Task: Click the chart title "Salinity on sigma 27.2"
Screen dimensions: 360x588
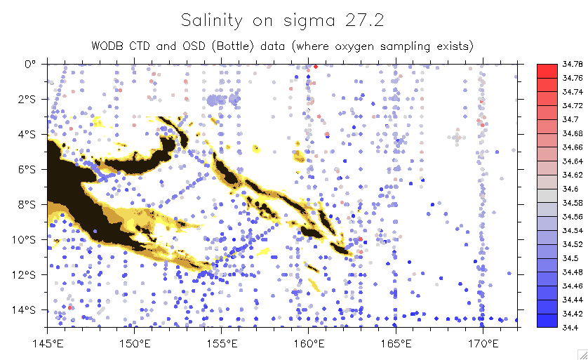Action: coord(282,20)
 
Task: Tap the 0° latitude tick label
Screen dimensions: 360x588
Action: coord(30,64)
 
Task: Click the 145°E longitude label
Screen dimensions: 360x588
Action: coord(47,343)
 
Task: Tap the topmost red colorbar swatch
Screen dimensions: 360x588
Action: coord(547,71)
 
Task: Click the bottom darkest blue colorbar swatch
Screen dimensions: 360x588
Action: coord(547,320)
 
